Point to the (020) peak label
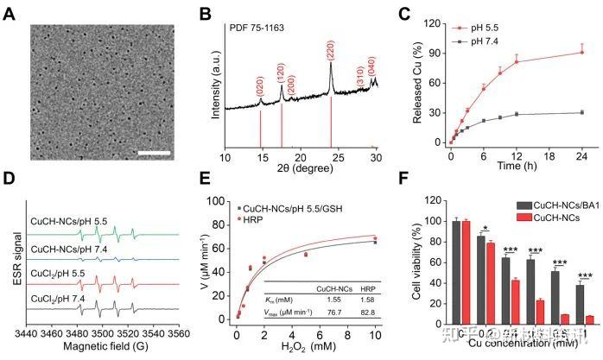[261, 85]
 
